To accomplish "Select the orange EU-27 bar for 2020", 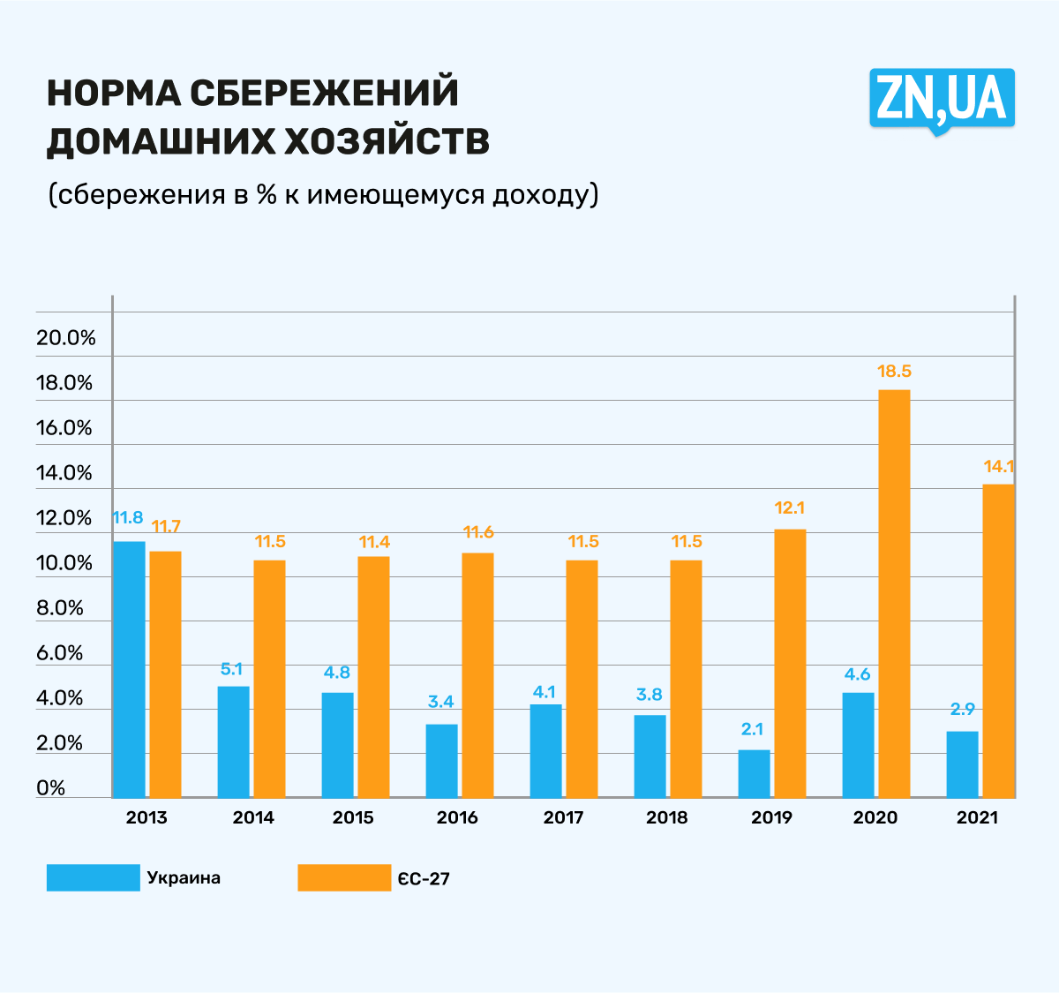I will point(894,593).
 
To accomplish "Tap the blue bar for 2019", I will point(755,774).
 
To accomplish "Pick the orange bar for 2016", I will point(477,675).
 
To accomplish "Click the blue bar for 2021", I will point(962,764).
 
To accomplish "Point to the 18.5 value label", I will point(894,372).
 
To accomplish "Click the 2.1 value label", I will point(752,729).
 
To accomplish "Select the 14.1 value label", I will point(999,467).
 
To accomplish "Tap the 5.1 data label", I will point(231,670).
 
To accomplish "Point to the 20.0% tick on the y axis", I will point(65,338).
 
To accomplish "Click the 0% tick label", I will point(51,787).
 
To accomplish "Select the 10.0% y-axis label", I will point(64,563).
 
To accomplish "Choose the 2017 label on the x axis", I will point(563,817).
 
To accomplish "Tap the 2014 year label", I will point(253,817).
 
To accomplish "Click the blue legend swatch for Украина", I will point(93,877).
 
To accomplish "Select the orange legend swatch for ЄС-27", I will point(343,877).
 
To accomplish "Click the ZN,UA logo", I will point(942,99).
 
